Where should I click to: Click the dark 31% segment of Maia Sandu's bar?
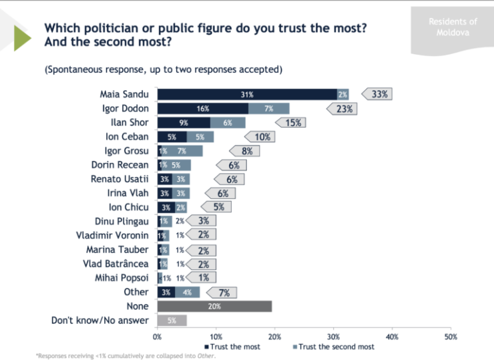[x=247, y=94]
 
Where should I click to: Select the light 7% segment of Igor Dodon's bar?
[x=269, y=108]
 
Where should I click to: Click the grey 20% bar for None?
[x=214, y=307]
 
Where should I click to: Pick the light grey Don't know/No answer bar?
[x=172, y=321]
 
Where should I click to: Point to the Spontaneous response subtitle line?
[x=164, y=69]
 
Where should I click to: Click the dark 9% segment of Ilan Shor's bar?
[x=184, y=122]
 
